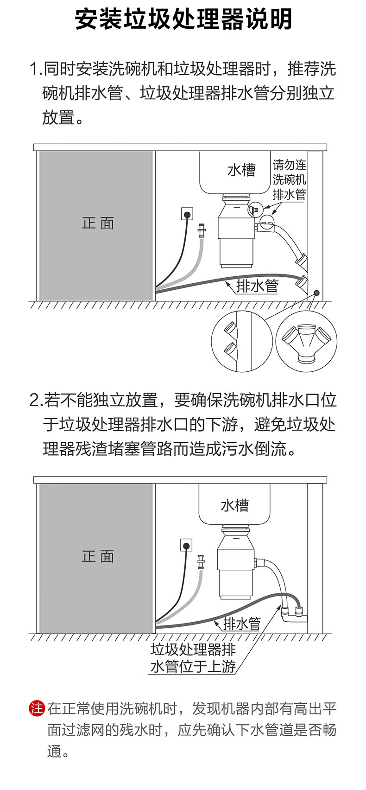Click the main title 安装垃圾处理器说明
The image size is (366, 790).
pyautogui.click(x=183, y=19)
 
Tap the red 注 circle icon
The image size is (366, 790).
pyautogui.click(x=37, y=708)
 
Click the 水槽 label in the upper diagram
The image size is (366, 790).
pyautogui.click(x=241, y=170)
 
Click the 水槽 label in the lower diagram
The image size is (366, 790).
pyautogui.click(x=234, y=505)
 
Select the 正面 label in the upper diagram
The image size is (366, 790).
pyautogui.click(x=98, y=223)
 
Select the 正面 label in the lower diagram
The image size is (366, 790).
pyautogui.click(x=98, y=556)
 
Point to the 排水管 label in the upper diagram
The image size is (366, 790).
pyautogui.click(x=258, y=286)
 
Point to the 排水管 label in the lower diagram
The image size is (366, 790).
pyautogui.click(x=242, y=624)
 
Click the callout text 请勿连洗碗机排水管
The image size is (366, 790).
pyautogui.click(x=289, y=179)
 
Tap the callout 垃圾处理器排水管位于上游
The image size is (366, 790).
pyautogui.click(x=193, y=658)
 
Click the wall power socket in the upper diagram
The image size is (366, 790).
pyautogui.click(x=187, y=214)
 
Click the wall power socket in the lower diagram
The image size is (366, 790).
pyautogui.click(x=186, y=545)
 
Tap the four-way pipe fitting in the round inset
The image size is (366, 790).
pyautogui.click(x=306, y=342)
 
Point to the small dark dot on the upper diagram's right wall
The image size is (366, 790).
pyautogui.click(x=316, y=293)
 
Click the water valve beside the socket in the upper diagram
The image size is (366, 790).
pyautogui.click(x=202, y=231)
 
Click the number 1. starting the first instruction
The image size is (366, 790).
pyautogui.click(x=35, y=70)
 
